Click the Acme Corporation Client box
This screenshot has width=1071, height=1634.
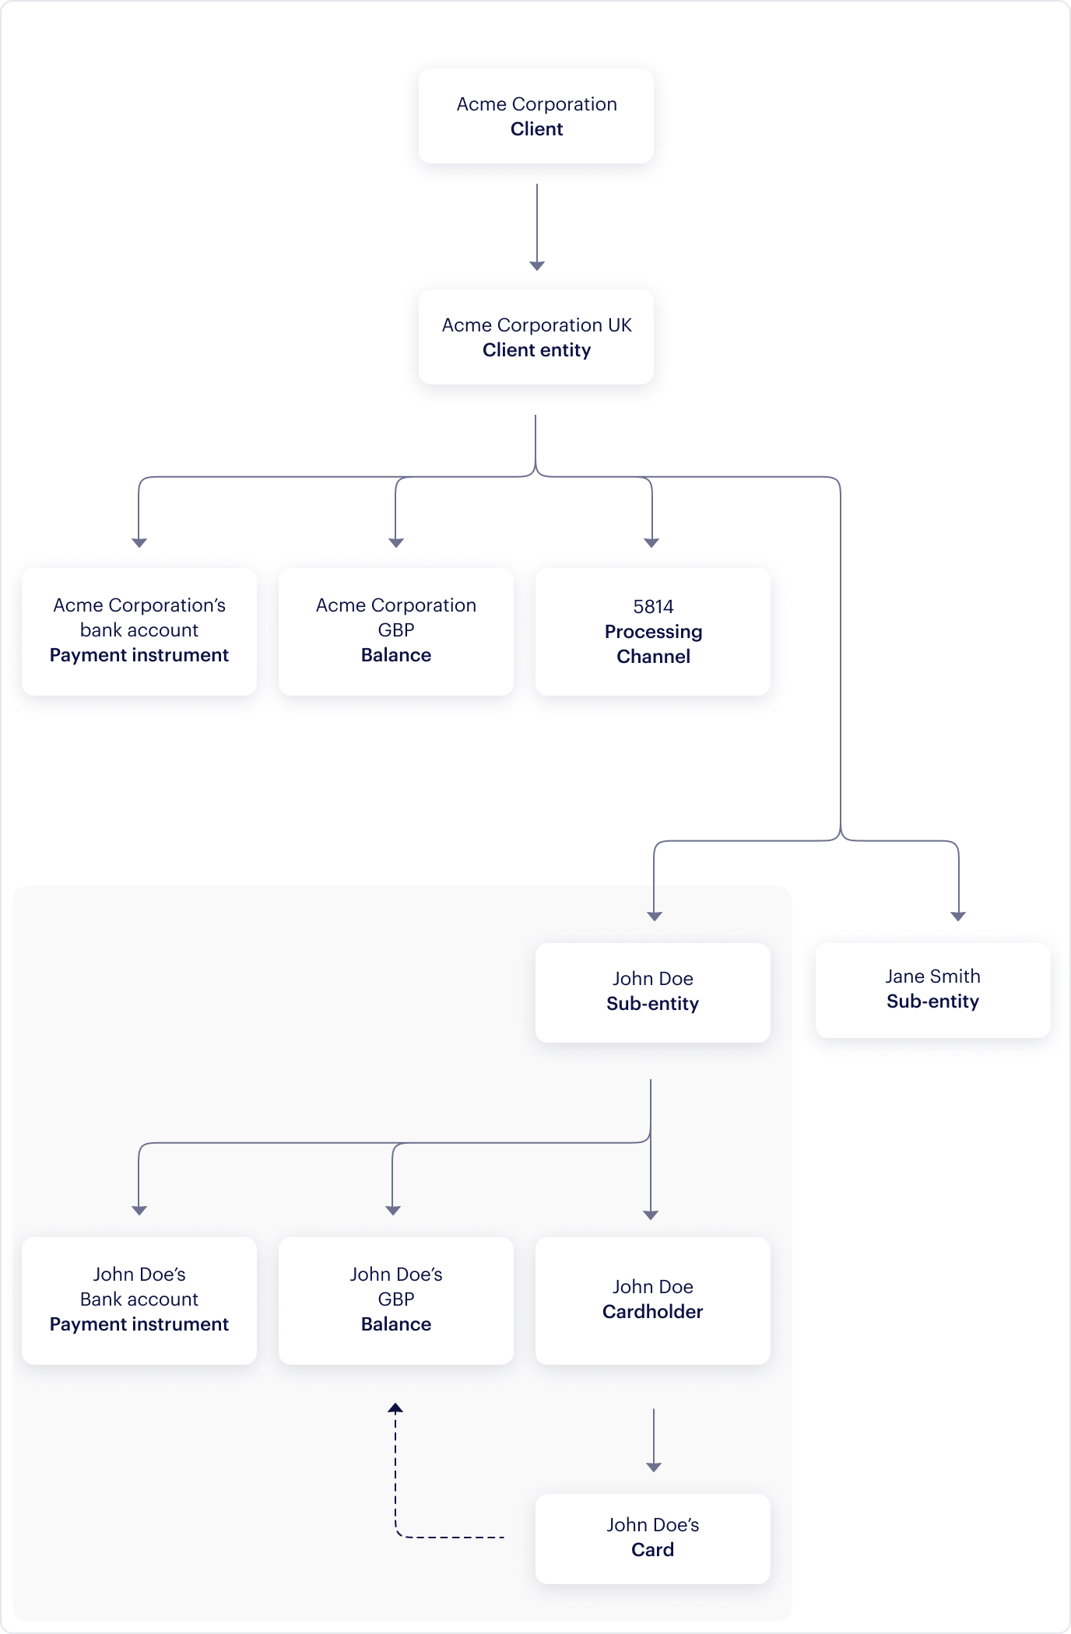click(x=536, y=116)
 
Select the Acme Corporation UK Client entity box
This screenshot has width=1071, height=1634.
click(x=536, y=337)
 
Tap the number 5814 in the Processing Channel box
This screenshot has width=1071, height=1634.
click(x=653, y=606)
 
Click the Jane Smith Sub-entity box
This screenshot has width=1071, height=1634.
click(x=932, y=990)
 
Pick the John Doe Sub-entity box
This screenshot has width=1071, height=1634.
click(x=652, y=992)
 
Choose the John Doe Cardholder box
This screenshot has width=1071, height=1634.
click(x=652, y=1300)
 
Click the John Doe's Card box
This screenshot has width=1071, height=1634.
click(x=652, y=1538)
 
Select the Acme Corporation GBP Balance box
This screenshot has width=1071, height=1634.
click(x=395, y=631)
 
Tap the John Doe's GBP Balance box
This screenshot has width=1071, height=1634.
click(x=395, y=1300)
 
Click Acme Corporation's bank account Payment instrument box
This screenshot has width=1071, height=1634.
click(x=139, y=631)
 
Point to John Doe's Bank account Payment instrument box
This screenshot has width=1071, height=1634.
click(x=139, y=1300)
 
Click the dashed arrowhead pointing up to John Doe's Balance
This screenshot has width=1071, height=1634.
click(x=395, y=1408)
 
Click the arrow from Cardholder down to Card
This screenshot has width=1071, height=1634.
click(x=654, y=1439)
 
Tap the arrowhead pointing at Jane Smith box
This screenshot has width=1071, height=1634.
click(x=958, y=916)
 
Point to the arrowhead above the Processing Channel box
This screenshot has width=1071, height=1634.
click(x=651, y=542)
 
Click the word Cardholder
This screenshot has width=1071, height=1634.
click(x=652, y=1312)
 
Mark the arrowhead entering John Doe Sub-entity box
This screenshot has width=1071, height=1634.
click(x=654, y=916)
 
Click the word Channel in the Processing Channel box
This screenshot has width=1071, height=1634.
click(x=653, y=657)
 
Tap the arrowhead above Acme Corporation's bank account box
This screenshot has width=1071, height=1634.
click(x=139, y=542)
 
